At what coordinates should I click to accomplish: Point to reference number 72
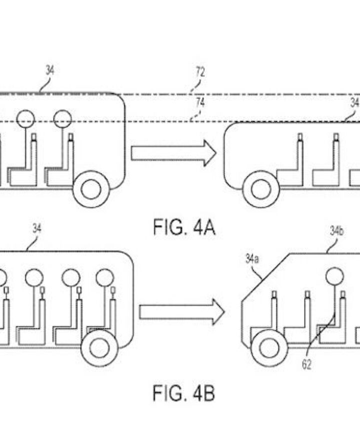pos(199,72)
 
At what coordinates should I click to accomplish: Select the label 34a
pos(251,259)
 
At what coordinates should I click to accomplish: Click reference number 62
pos(306,365)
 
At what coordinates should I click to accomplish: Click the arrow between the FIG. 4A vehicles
pos(173,153)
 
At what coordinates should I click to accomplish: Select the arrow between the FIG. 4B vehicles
pos(181,312)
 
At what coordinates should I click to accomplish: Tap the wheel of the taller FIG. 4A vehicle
pos(91,189)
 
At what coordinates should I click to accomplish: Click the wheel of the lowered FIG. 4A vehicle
pos(260,189)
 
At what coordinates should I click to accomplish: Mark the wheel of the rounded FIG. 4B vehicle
pos(99,348)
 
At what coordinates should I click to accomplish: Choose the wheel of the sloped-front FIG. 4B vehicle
pos(269,348)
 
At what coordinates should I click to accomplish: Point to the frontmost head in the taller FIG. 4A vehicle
pos(63,119)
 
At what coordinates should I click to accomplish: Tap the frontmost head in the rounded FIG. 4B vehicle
pos(104,277)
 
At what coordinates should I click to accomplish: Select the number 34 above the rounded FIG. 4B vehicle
pos(36,228)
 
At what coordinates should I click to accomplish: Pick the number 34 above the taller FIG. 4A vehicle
pos(49,70)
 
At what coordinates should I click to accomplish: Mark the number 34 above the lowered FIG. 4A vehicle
pos(354,103)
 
